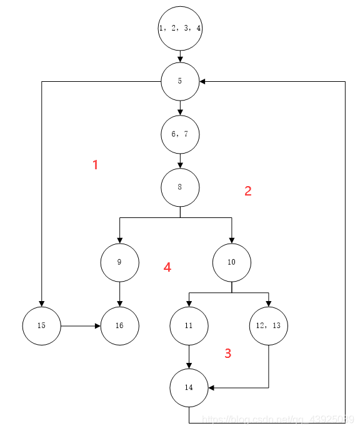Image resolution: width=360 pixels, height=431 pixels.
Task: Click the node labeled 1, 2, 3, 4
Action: (x=180, y=29)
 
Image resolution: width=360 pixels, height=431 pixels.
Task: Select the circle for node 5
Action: (x=180, y=81)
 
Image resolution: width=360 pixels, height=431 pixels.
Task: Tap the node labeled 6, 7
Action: (x=180, y=134)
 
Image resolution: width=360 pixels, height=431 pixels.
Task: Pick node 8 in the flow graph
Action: (x=180, y=187)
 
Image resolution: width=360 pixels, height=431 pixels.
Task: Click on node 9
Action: (x=119, y=262)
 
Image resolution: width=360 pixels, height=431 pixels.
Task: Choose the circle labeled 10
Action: (x=231, y=262)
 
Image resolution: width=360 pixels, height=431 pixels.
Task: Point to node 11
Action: (x=189, y=326)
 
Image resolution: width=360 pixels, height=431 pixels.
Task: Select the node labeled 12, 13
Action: (x=268, y=326)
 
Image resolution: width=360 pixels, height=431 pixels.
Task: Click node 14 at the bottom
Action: (x=189, y=388)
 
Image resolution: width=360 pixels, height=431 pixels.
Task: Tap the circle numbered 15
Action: (x=41, y=326)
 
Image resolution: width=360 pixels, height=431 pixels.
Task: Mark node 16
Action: (x=119, y=326)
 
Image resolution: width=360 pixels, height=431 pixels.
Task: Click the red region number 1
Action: (x=95, y=165)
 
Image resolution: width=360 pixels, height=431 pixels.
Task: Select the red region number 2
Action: (x=247, y=191)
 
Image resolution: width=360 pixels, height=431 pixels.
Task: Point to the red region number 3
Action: (x=227, y=354)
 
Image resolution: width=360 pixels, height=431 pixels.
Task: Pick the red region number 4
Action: (x=167, y=267)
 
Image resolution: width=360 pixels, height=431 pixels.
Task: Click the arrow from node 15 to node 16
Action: (x=80, y=326)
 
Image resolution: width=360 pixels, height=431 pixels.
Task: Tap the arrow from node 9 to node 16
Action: (x=119, y=294)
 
